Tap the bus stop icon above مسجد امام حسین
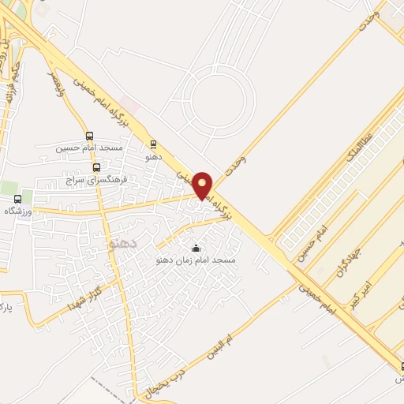[x=89, y=136]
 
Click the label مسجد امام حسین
[x=89, y=148]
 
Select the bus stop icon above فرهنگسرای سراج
[x=97, y=167]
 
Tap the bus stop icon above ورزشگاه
[x=18, y=200]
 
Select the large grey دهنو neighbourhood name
[x=122, y=244]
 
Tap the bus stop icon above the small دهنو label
[x=153, y=144]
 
